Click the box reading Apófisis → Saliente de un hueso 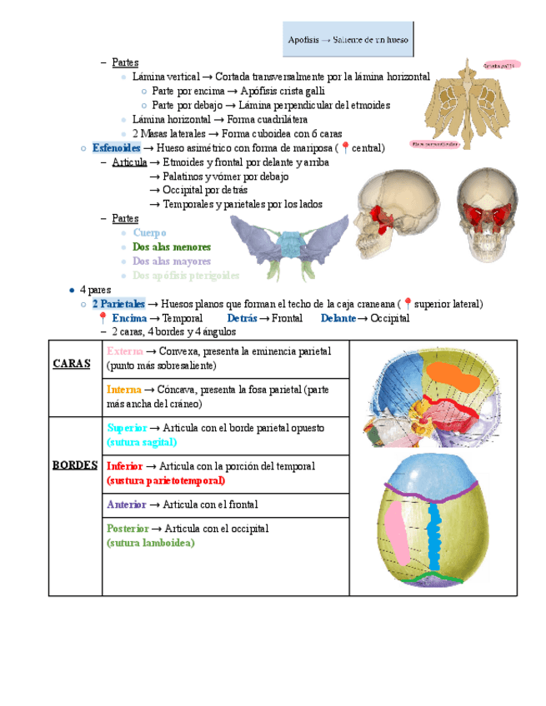pyautogui.click(x=348, y=40)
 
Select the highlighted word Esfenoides pyautogui.click(x=117, y=148)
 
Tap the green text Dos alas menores pyautogui.click(x=171, y=247)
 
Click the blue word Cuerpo pyautogui.click(x=149, y=233)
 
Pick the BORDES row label pyautogui.click(x=75, y=465)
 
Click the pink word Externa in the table pyautogui.click(x=124, y=351)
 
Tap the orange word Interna pyautogui.click(x=123, y=390)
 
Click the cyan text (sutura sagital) pyautogui.click(x=142, y=442)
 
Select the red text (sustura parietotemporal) pyautogui.click(x=166, y=480)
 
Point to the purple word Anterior pyautogui.click(x=126, y=505)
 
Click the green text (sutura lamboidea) pyautogui.click(x=150, y=543)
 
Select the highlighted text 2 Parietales pyautogui.click(x=118, y=304)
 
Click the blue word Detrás pyautogui.click(x=242, y=318)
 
